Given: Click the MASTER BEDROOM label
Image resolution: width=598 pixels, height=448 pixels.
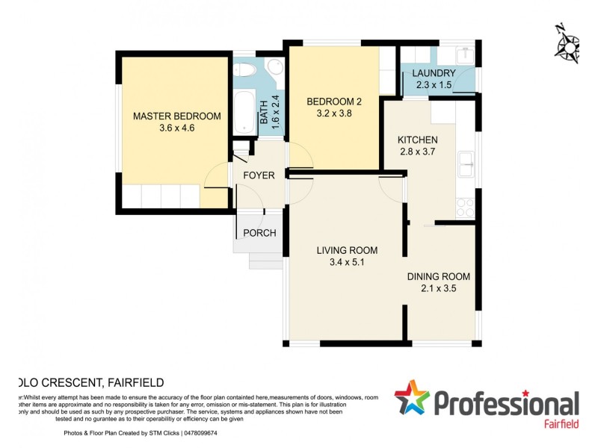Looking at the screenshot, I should [x=176, y=116].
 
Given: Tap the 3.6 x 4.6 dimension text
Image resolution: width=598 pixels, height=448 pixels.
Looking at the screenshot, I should [x=176, y=128].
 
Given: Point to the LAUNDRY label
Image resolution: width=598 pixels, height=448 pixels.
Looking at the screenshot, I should [x=434, y=73].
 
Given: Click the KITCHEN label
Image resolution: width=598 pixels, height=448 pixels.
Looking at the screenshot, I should [x=417, y=140].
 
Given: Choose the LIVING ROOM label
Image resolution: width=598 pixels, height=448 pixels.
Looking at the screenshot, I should [x=346, y=250].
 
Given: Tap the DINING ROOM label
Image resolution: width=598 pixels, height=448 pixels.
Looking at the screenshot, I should [x=438, y=276].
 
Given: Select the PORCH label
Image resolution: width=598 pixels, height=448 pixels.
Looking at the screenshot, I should [x=259, y=233].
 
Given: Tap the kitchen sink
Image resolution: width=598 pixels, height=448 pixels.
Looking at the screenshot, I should [x=467, y=163].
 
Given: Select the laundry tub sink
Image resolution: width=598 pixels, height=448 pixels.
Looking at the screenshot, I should [x=465, y=55].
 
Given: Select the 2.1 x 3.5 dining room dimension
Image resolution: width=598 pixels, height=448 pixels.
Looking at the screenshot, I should [x=438, y=288].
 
